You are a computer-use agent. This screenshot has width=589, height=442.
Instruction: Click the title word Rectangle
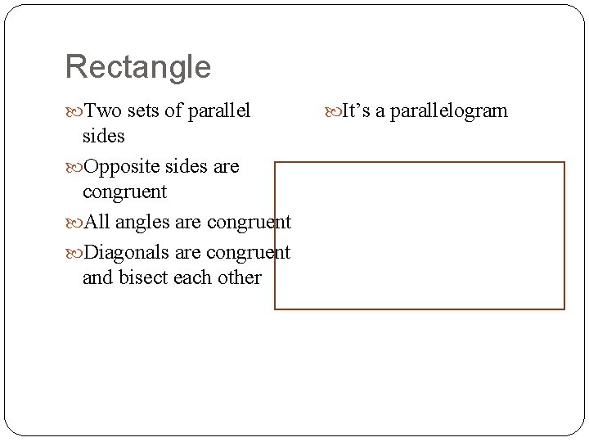[x=137, y=67]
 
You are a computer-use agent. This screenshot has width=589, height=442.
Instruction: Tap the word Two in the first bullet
[x=101, y=110]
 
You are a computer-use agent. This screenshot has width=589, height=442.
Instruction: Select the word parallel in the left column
[x=220, y=110]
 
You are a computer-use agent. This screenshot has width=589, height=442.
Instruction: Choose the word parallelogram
[x=448, y=111]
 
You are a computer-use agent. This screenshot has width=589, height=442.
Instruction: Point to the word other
[x=241, y=277]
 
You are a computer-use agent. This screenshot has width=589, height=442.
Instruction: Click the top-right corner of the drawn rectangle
[x=564, y=162]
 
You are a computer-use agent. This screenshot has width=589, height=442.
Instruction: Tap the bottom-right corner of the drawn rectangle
[x=564, y=309]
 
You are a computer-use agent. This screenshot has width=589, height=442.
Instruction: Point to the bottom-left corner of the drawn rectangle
[x=275, y=309]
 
